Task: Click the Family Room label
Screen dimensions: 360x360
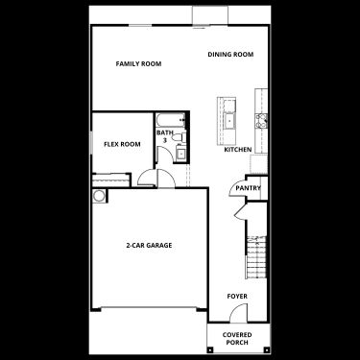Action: pos(138,63)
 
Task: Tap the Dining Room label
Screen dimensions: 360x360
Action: pos(230,55)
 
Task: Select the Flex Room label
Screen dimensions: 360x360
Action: pos(122,144)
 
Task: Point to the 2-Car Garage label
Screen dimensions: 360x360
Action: pos(149,246)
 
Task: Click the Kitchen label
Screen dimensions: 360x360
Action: pos(238,150)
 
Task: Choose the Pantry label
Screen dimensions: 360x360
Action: pos(248,188)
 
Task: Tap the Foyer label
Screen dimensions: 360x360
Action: pos(237,297)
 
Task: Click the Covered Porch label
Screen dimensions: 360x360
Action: pos(237,339)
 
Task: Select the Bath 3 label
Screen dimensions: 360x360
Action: pos(165,136)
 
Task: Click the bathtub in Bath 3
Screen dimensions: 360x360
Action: pos(171,120)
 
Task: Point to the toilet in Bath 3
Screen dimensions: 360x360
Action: pos(180,137)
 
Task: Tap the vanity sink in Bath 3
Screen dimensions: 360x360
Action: pos(181,154)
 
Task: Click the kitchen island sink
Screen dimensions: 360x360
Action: pos(229,121)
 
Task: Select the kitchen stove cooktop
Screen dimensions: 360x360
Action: pos(261,121)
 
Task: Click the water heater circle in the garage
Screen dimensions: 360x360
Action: pos(99,196)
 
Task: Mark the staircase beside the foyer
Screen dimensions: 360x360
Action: pos(256,257)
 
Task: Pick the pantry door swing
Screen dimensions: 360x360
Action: pos(237,189)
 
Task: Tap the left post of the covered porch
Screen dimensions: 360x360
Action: pos(209,349)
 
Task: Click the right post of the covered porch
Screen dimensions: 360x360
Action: pos(266,349)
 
